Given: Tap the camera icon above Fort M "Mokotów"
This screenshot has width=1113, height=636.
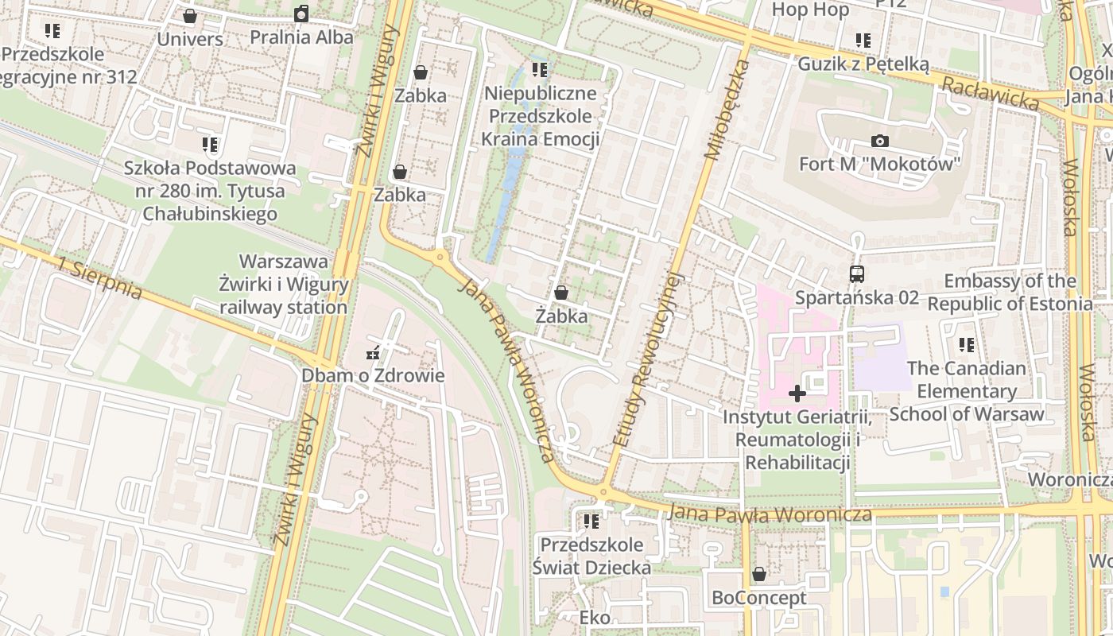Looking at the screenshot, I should click(x=880, y=141).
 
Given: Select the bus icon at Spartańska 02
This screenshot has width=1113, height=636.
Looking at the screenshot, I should click(x=857, y=274).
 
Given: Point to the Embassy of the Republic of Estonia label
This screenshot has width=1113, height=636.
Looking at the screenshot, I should click(x=1010, y=293).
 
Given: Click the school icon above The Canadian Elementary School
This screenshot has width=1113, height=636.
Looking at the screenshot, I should click(x=967, y=345).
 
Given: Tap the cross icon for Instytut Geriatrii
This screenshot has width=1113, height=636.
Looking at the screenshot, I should click(x=797, y=394).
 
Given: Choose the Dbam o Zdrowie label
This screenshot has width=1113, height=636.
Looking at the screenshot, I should click(x=373, y=375).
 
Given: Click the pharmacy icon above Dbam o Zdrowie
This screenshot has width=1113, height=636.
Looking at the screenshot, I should click(x=372, y=353).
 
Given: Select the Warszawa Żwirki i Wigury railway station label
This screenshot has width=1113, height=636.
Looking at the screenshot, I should click(x=284, y=285).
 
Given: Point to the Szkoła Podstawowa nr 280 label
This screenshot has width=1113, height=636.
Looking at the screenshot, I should click(x=210, y=191).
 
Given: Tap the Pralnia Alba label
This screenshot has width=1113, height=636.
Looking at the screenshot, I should click(x=301, y=37).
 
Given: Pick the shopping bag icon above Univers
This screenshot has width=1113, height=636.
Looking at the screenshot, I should click(x=190, y=16).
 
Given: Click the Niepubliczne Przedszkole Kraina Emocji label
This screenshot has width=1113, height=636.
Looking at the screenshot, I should click(x=541, y=116).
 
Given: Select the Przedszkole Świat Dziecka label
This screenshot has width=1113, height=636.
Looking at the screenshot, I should click(x=591, y=556).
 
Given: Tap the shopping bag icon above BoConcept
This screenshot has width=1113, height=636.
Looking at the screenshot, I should click(x=759, y=574).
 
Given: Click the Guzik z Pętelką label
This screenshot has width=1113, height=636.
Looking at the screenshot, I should click(x=863, y=64).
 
